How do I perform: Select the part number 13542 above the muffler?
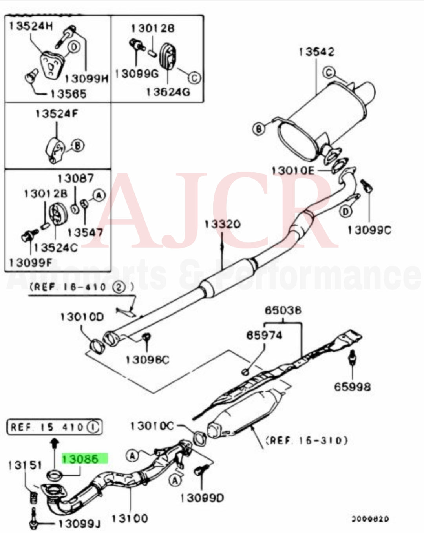point(316,52)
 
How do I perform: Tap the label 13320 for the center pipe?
point(222,225)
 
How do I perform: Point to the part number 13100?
point(130,518)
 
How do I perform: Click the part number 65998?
point(352,387)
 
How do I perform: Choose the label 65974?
point(264,335)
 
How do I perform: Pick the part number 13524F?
point(57,113)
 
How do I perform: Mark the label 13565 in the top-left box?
point(68,94)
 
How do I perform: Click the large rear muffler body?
point(322,118)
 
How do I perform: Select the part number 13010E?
point(293,171)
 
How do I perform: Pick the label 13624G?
point(168,91)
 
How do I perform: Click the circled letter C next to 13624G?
point(194,78)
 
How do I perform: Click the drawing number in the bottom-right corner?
point(370,519)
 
